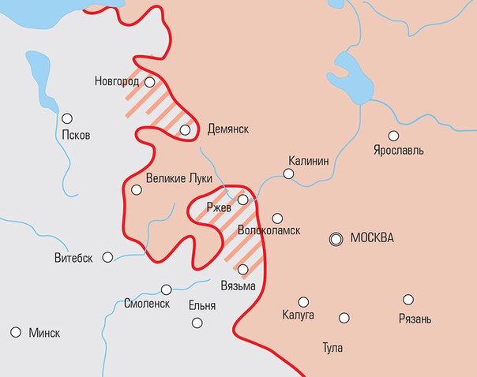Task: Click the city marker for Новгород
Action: tap(149, 80)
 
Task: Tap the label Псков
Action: tap(75, 134)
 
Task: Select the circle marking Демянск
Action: tap(185, 130)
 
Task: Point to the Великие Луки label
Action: tap(179, 179)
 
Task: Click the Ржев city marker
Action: tap(243, 200)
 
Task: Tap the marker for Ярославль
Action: tap(393, 135)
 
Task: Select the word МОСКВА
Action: tap(371, 238)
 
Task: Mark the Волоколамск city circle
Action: tap(277, 218)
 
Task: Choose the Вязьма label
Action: tap(239, 286)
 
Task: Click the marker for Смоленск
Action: tap(166, 289)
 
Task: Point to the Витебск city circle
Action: tap(107, 256)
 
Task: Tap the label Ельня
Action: tap(202, 303)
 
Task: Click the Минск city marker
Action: tap(15, 332)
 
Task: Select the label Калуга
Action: tap(298, 315)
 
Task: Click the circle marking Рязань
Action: tap(408, 299)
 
